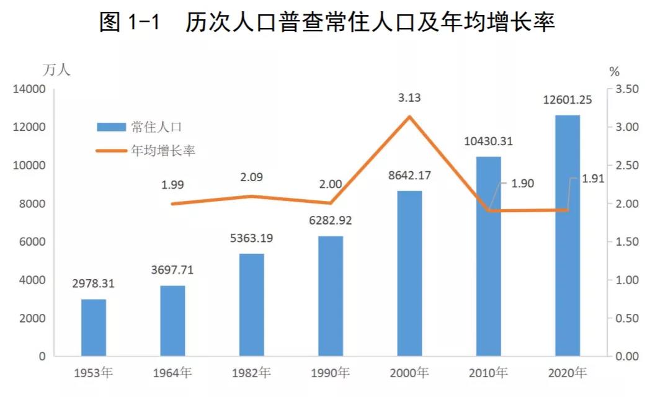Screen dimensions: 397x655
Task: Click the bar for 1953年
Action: pyautogui.click(x=94, y=328)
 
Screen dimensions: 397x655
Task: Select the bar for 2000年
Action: pyautogui.click(x=409, y=274)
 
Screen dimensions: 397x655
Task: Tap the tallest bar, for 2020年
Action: pyautogui.click(x=568, y=236)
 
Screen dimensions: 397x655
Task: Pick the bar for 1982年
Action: pyautogui.click(x=252, y=305)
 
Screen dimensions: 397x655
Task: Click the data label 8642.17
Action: pyautogui.click(x=409, y=176)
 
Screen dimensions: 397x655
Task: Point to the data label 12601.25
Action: pyautogui.click(x=568, y=100)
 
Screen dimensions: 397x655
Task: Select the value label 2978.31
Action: pyautogui.click(x=94, y=284)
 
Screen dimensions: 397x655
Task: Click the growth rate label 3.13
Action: pyautogui.click(x=409, y=97)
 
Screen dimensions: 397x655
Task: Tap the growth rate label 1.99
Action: pyautogui.click(x=172, y=184)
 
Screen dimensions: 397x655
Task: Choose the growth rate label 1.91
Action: pyautogui.click(x=593, y=179)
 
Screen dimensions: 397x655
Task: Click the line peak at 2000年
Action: pyautogui.click(x=409, y=116)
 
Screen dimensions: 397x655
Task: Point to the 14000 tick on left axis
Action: pyautogui.click(x=29, y=89)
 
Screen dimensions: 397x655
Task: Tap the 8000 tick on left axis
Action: pyautogui.click(x=33, y=204)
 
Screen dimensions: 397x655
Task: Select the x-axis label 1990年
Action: pyautogui.click(x=331, y=373)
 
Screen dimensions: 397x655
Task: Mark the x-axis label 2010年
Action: pyautogui.click(x=489, y=373)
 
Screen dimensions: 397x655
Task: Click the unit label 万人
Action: pyautogui.click(x=56, y=70)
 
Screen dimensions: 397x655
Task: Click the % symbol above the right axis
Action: pyautogui.click(x=615, y=70)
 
